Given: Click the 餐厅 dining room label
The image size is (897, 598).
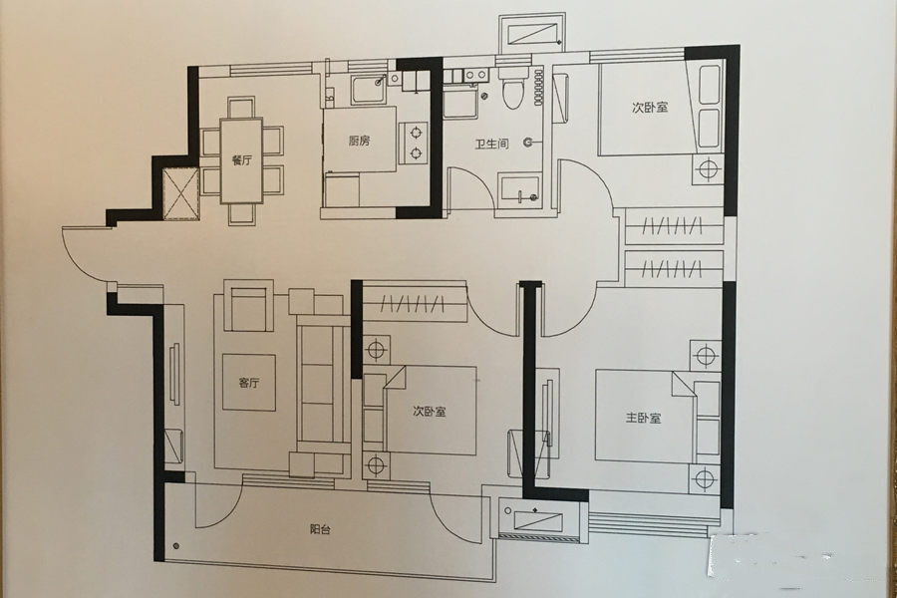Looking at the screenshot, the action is (x=241, y=160).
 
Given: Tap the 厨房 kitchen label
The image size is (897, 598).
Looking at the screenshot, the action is (x=359, y=141).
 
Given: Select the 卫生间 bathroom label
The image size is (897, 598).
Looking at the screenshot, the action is (x=491, y=144).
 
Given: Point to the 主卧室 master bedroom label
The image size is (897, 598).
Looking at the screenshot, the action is (x=643, y=418).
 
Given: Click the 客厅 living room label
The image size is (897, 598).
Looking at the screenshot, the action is (x=249, y=383).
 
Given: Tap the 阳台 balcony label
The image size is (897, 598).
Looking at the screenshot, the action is (x=320, y=529).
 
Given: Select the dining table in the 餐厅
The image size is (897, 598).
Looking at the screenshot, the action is (x=241, y=160).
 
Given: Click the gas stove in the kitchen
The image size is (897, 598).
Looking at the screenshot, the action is (x=415, y=143).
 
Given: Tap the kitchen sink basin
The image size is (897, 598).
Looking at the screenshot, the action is (x=369, y=90).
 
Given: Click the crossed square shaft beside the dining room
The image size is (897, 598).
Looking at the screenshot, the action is (x=180, y=193).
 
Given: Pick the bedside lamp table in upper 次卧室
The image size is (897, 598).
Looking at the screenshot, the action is (x=708, y=169).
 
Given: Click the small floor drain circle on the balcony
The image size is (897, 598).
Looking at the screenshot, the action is (x=175, y=545).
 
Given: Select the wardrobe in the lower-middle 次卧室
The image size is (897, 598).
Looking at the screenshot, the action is (x=415, y=301).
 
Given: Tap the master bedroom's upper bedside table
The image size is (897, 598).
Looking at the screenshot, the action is (x=705, y=356).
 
